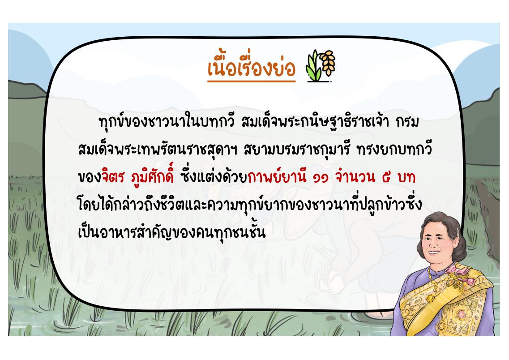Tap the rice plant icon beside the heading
click(x=321, y=65)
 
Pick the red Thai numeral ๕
click(x=386, y=177)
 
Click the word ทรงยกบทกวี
click(x=394, y=149)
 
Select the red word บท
click(x=406, y=177)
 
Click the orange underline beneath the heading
click(x=252, y=81)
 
